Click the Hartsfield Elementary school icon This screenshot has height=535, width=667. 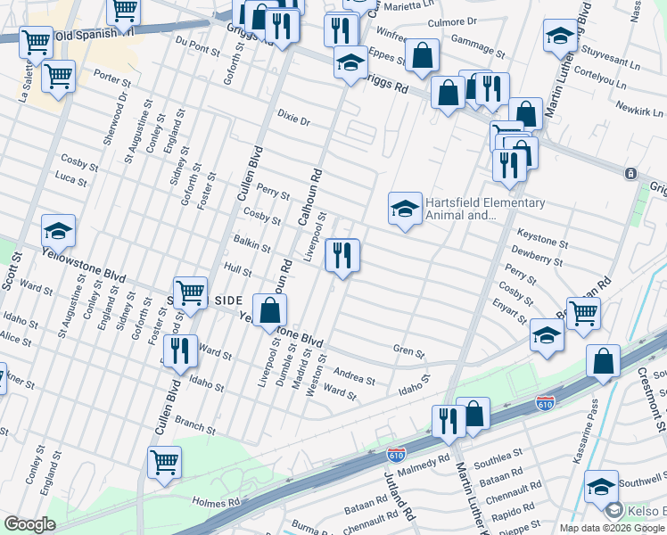click(404, 210)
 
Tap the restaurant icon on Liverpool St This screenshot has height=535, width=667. click(342, 256)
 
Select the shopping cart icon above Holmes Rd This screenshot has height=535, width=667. click(164, 463)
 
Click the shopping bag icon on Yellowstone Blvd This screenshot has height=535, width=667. click(270, 310)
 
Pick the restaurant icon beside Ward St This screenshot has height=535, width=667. click(181, 351)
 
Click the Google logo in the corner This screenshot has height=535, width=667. click(29, 524)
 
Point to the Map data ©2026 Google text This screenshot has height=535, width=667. click(612, 528)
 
